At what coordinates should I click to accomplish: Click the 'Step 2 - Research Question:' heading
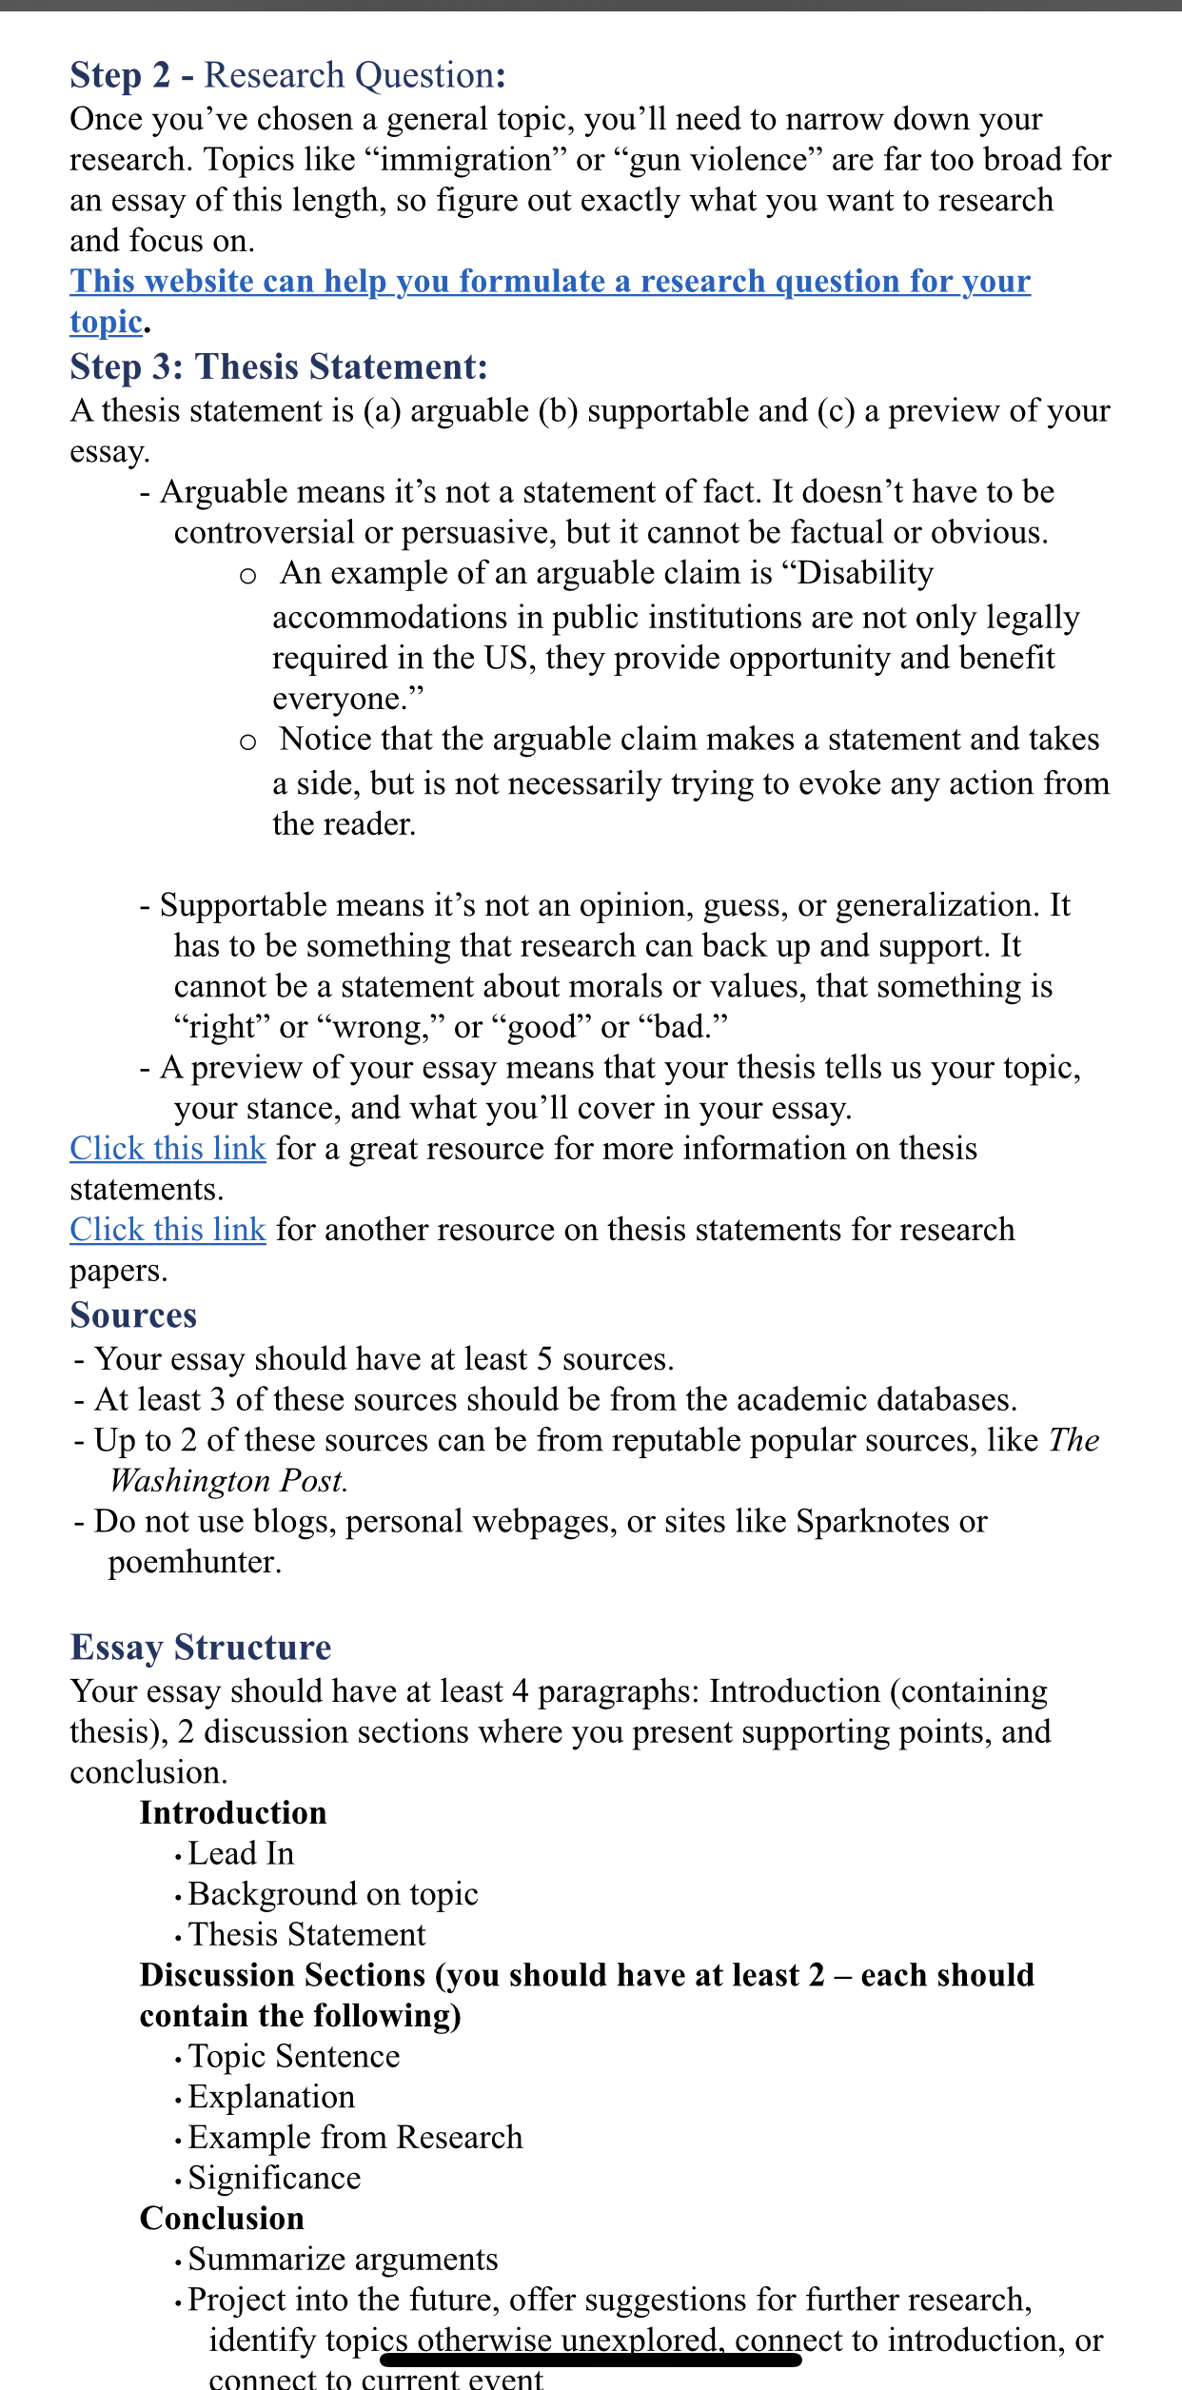point(287,75)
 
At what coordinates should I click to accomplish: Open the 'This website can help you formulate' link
point(550,282)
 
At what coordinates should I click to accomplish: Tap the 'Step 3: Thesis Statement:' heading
point(279,367)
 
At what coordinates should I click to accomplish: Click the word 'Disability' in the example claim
point(865,573)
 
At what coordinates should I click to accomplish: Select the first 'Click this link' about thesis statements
point(167,1149)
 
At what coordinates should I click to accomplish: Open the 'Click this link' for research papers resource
point(167,1230)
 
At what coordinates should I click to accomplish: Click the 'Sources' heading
point(133,1315)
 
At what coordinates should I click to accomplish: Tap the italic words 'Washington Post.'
point(228,1481)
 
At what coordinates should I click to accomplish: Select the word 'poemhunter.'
point(195,1562)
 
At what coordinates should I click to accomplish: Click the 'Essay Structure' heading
point(201,1648)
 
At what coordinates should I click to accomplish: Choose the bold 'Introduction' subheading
point(233,1813)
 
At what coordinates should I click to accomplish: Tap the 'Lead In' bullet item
point(242,1854)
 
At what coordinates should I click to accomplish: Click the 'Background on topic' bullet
point(333,1894)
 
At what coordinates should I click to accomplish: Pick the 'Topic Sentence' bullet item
point(294,2057)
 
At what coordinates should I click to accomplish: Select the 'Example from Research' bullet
point(356,2138)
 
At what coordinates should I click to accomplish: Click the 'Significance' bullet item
point(275,2179)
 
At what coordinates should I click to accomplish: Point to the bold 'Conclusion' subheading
point(222,2219)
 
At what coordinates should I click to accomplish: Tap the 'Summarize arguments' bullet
point(344,2260)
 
